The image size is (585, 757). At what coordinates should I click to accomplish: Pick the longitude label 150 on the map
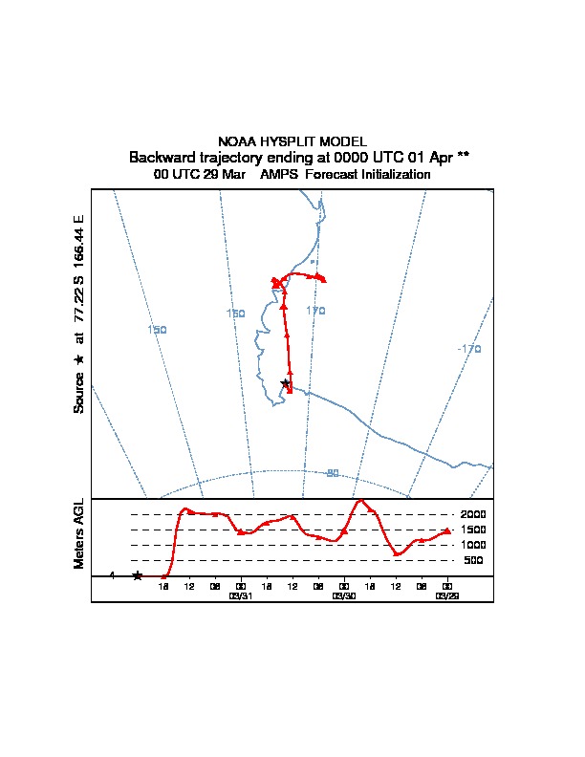158,330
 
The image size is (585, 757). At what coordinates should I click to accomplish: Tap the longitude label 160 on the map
235,314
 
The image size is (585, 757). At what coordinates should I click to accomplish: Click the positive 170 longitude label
316,311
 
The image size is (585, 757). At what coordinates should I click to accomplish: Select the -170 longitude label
469,349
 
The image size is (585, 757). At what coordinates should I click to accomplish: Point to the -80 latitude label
332,473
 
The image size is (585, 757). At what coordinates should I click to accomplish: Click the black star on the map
285,383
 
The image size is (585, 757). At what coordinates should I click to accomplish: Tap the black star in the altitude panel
138,575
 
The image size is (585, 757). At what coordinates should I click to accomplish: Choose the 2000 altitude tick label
473,514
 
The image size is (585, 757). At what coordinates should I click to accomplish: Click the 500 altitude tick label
474,560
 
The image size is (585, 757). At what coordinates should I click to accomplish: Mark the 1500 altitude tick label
473,530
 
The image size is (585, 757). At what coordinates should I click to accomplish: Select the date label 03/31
240,595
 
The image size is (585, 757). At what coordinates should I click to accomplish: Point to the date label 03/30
343,595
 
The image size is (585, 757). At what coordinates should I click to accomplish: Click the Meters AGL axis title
79,534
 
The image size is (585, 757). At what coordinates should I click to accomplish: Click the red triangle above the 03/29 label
446,530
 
